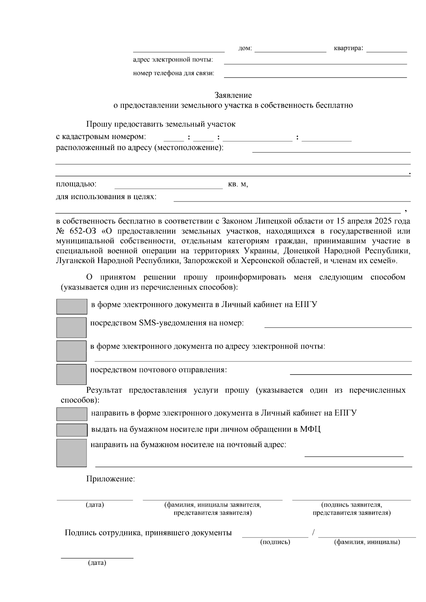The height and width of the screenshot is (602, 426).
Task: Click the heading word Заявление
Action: pos(233,95)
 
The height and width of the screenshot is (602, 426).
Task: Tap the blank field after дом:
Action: pos(290,49)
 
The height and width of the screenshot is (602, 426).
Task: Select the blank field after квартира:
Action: pos(386,49)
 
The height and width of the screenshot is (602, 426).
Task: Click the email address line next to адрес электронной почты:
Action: pos(315,61)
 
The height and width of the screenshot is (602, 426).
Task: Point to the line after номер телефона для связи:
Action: pos(315,74)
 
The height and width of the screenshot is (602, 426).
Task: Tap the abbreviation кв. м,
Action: pos(238,185)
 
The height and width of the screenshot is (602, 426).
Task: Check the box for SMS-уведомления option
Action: pos(71,327)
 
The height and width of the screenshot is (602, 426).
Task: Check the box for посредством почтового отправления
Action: pos(71,374)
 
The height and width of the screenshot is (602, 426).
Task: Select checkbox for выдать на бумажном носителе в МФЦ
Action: pos(71,430)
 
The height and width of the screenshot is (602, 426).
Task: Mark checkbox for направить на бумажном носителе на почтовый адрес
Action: pos(71,453)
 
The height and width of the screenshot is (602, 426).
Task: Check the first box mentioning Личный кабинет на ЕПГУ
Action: pos(71,306)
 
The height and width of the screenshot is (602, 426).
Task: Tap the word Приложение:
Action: pos(110,479)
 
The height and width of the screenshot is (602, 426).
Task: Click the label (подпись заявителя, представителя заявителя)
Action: pos(351,509)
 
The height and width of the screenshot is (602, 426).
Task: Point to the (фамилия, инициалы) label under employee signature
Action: pos(367,542)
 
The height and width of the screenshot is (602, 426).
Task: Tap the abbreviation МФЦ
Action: pos(310,429)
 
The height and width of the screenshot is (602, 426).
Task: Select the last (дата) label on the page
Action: pos(97,563)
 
